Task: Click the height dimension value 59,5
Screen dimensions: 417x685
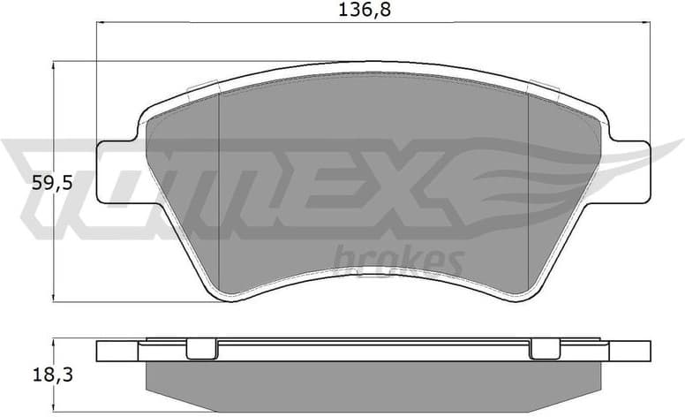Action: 26,183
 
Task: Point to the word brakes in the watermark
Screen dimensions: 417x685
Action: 400,259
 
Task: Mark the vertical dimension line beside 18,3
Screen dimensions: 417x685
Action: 56,371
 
